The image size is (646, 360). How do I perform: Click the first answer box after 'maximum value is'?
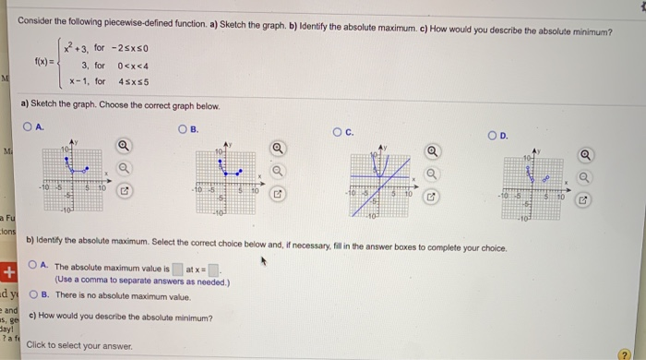coord(175,270)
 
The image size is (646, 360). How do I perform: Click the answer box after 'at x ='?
coord(212,270)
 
